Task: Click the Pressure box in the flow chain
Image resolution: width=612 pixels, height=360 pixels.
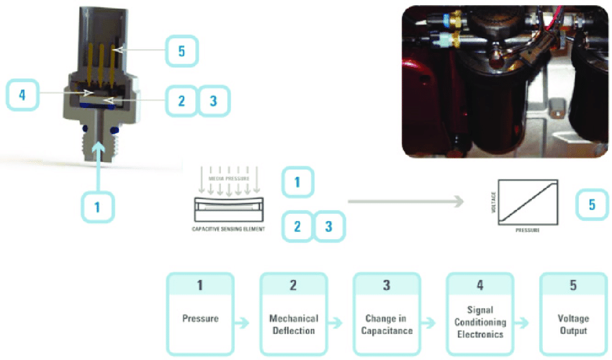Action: coord(199,314)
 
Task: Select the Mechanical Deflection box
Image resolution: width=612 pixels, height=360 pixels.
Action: coord(293,314)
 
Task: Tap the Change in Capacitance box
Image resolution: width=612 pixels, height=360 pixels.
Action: coord(386,314)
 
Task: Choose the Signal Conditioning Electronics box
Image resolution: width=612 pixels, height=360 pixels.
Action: coord(480,314)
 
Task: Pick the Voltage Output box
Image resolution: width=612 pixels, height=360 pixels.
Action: coord(573,314)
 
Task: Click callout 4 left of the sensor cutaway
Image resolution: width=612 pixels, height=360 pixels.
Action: coord(23,95)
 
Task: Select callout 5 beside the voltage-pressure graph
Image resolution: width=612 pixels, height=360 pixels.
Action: coord(592,205)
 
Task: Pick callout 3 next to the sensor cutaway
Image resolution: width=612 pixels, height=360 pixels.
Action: coord(213,102)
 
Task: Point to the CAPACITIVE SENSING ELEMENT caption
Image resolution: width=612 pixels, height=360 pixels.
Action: coord(229,229)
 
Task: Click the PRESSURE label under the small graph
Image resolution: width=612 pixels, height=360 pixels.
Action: coord(529,233)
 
